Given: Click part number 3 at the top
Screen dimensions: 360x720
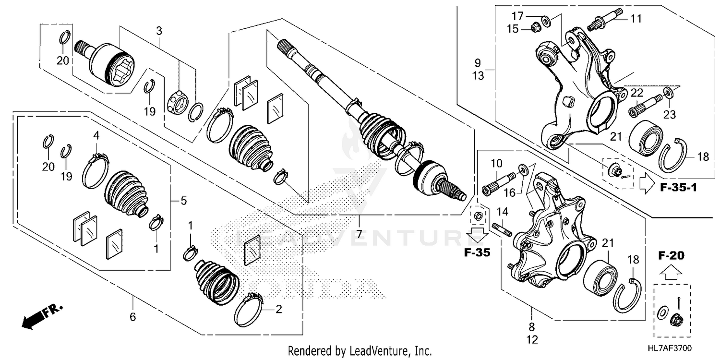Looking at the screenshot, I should (x=159, y=31).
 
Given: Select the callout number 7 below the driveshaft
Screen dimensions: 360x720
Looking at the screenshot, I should (x=359, y=234).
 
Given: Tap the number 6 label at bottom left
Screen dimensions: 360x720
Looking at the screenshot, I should (x=133, y=317).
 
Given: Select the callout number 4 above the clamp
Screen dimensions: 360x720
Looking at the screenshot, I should (x=96, y=136).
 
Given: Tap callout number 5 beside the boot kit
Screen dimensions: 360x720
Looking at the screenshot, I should (x=183, y=201).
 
